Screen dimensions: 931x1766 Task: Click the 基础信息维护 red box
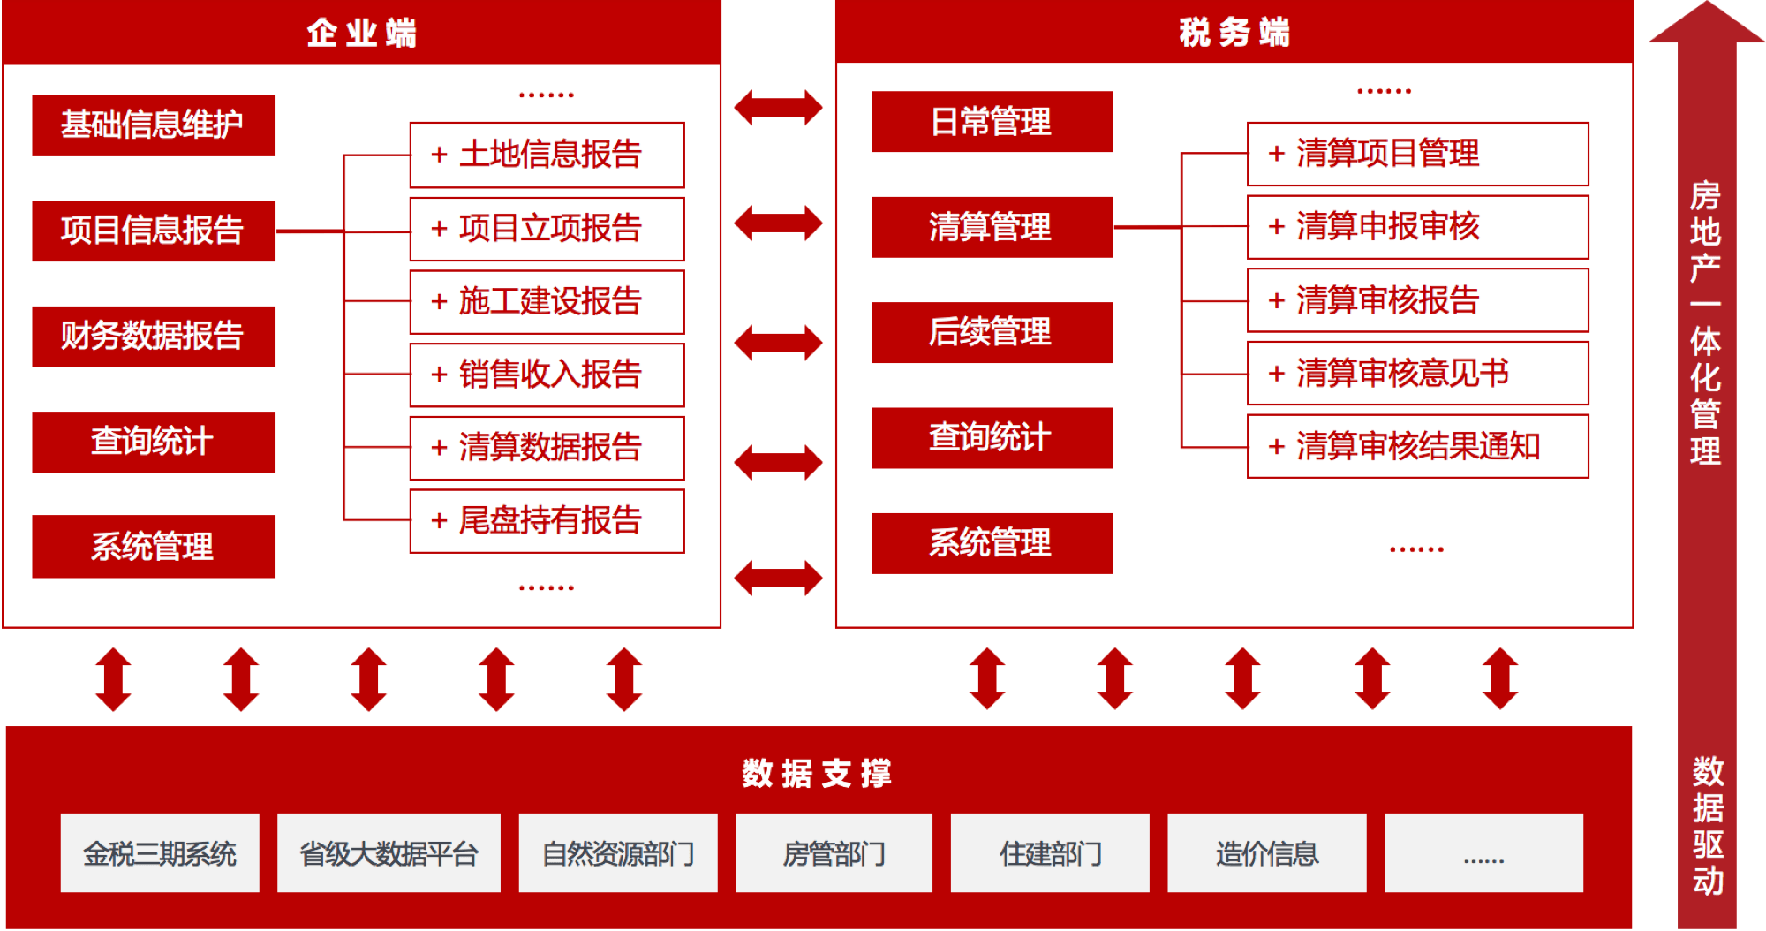[154, 125]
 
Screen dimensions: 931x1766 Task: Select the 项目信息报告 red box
[154, 231]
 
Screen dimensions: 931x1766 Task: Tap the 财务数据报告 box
[154, 337]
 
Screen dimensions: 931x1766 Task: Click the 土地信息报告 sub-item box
[547, 155]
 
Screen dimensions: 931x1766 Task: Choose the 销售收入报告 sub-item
[547, 375]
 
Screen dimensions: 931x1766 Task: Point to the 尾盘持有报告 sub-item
[547, 521]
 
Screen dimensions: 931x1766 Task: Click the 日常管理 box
[992, 122]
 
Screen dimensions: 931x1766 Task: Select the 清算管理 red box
[992, 227]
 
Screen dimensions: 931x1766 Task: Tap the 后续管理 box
[992, 332]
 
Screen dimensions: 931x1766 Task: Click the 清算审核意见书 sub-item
[1417, 373]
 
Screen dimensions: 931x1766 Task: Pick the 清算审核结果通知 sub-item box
[1417, 446]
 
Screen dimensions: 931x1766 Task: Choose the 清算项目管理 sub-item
[1417, 154]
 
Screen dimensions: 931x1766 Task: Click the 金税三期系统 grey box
[160, 853]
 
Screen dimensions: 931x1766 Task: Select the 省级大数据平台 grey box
[389, 853]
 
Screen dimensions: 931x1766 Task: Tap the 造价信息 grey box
[1266, 853]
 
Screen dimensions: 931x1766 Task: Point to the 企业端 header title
[362, 33]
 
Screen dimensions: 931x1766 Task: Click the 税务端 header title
[1234, 33]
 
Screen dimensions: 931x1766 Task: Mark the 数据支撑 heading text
[817, 773]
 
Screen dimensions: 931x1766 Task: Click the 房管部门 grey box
[834, 853]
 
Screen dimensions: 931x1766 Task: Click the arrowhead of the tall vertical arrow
[1706, 22]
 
